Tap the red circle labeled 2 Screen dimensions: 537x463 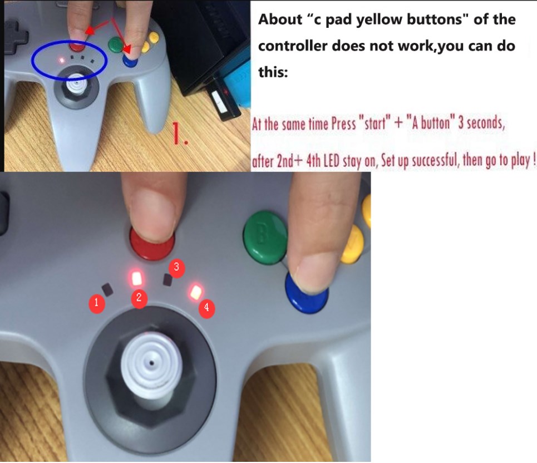tap(139, 298)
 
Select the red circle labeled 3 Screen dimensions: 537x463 tap(177, 267)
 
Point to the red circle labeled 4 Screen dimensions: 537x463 tap(207, 308)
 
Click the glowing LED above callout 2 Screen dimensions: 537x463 tap(137, 278)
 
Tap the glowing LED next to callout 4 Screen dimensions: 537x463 tap(196, 292)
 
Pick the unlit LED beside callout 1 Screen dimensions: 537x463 tap(107, 290)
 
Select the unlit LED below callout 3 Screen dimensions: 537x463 tap(167, 280)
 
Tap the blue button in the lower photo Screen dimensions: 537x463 tap(306, 294)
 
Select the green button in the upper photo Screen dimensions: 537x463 tap(116, 45)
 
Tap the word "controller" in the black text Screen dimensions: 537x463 tap(292, 46)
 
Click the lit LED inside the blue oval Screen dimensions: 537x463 tap(62, 60)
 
